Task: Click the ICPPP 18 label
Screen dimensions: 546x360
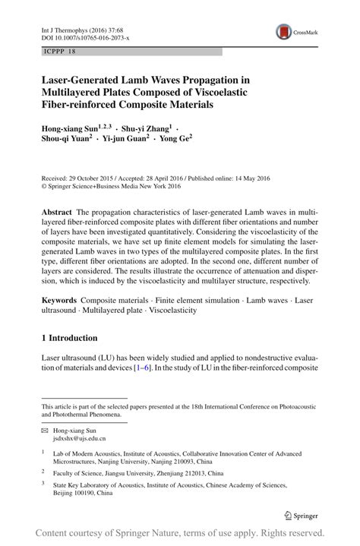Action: click(x=60, y=52)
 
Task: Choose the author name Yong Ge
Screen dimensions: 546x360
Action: click(x=176, y=139)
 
